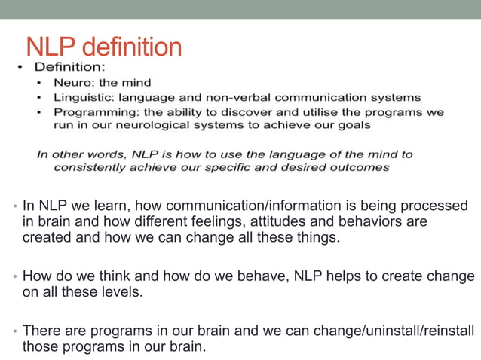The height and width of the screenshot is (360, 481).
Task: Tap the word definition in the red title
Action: click(131, 47)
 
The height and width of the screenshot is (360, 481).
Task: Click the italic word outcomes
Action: click(360, 167)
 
